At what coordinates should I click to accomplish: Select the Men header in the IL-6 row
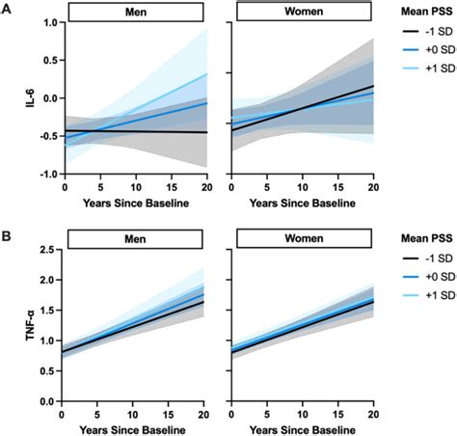[136, 12]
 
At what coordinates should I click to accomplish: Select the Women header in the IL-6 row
[303, 12]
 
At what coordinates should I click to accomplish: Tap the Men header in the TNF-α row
[136, 235]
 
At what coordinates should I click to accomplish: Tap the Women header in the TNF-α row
[303, 235]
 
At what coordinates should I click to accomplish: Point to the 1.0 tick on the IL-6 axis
[45, 23]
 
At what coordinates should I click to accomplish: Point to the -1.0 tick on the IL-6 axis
[43, 175]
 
